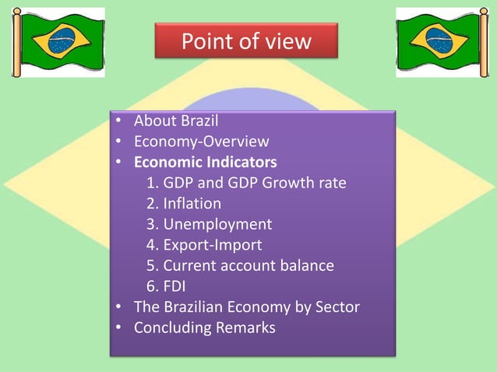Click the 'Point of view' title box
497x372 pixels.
coord(245,40)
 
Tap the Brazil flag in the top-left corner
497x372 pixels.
coord(58,43)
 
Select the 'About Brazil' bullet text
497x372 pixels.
coord(176,121)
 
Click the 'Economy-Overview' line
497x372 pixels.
coord(201,142)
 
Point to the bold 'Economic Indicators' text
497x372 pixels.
coord(205,163)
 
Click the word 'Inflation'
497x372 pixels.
coord(192,204)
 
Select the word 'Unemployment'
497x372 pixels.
coord(217,224)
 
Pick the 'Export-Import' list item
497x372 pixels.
coord(212,245)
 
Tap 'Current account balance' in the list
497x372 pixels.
coord(248,265)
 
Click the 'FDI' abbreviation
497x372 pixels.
coord(175,286)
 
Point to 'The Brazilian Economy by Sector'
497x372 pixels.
coord(246,307)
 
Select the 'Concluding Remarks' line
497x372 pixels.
coord(204,328)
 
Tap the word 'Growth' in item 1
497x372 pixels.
coord(287,183)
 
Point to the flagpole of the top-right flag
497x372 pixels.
coord(483,43)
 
